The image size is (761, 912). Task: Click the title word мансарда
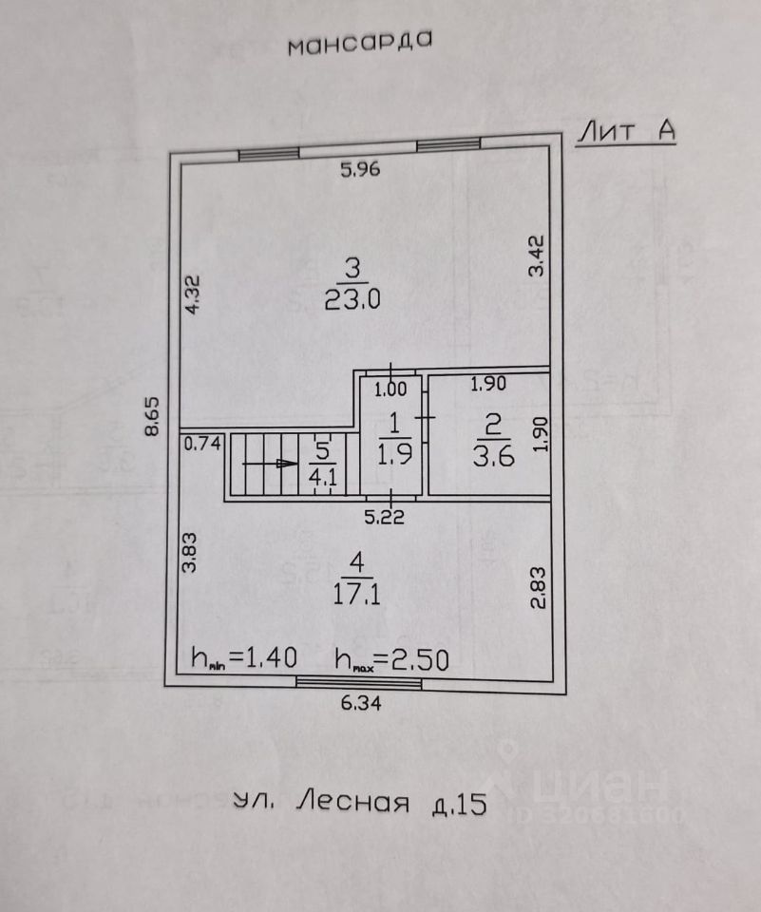360,44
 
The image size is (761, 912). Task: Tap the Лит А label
626,132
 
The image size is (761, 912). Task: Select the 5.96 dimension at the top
360,171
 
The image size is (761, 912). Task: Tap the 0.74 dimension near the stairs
202,442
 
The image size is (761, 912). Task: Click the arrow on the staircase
271,464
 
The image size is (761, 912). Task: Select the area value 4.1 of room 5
323,478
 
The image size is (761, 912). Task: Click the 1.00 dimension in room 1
390,388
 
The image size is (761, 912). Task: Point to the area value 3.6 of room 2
492,456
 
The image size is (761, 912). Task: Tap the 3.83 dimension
190,551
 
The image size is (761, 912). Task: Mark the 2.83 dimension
537,589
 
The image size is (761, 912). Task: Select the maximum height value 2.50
409,657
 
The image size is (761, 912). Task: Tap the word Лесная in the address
353,804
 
